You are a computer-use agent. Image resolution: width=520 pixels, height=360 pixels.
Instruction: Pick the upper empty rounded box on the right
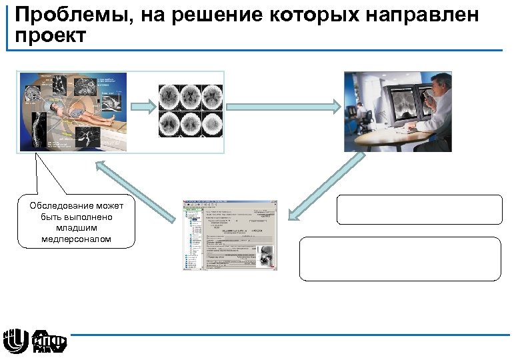point(419,209)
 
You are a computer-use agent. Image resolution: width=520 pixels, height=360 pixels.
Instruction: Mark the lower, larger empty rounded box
point(400,258)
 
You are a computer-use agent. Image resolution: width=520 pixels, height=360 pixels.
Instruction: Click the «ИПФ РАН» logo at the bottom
point(50,341)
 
